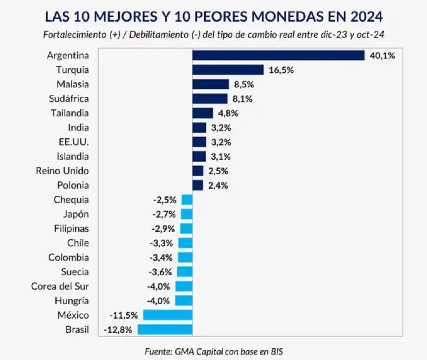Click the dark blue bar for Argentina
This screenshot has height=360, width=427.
pos(278,55)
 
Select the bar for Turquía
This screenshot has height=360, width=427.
pos(228,70)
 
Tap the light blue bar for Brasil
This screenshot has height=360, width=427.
pos(165,330)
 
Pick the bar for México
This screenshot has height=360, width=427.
pos(168,315)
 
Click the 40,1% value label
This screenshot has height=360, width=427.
pos(383,55)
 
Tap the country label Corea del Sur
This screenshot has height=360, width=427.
pos(60,286)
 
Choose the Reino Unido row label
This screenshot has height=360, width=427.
pos(62,171)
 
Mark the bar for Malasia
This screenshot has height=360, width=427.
pos(210,84)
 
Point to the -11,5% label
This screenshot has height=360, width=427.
pos(125,315)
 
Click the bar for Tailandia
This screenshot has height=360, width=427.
pos(202,113)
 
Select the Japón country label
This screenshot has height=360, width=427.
pos(76,214)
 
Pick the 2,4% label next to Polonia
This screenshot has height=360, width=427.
pos(219,185)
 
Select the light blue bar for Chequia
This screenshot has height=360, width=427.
pos(187,200)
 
